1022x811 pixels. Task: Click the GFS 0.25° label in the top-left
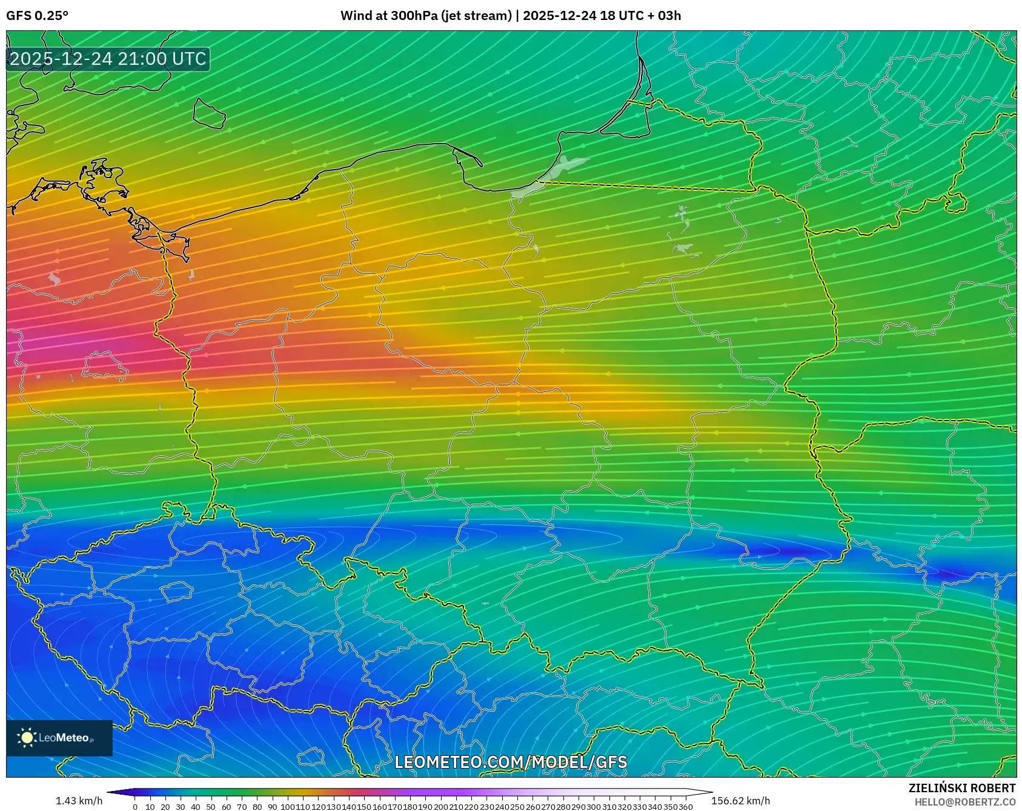(x=37, y=16)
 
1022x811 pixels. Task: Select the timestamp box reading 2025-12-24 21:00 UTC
(x=108, y=59)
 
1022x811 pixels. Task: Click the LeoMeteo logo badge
(x=59, y=738)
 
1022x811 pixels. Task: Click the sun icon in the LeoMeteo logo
(x=27, y=738)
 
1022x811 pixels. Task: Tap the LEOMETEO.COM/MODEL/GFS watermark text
(x=511, y=762)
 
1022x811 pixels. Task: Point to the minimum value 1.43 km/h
(x=79, y=801)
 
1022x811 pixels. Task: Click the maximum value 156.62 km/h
(x=740, y=801)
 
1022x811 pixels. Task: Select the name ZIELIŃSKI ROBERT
(x=961, y=788)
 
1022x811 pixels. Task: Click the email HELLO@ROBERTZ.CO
(x=964, y=801)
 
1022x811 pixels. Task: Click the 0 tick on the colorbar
(x=134, y=807)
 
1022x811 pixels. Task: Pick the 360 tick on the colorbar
(x=685, y=807)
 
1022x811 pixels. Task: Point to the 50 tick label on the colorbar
(x=211, y=807)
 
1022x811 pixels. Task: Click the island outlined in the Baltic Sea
(x=208, y=113)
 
